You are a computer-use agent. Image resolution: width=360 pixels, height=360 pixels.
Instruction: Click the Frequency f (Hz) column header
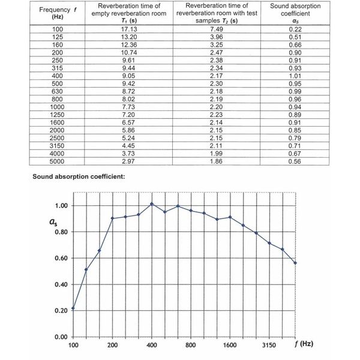pyautogui.click(x=58, y=13)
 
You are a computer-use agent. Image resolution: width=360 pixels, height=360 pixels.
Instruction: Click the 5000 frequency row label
pyautogui.click(x=58, y=161)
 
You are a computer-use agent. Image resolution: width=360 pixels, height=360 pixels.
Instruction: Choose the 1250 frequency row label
pyautogui.click(x=58, y=115)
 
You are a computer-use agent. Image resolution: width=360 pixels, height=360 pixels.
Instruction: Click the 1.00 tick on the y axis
pyautogui.click(x=61, y=206)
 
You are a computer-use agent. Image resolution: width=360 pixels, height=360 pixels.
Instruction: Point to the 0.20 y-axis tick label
pyautogui.click(x=61, y=311)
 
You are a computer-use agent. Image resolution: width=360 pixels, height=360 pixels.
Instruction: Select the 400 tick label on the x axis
pyautogui.click(x=151, y=346)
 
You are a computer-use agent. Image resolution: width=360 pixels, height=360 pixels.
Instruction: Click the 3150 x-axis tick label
pyautogui.click(x=269, y=346)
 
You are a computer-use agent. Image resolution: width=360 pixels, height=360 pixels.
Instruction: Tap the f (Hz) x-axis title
pyautogui.click(x=309, y=345)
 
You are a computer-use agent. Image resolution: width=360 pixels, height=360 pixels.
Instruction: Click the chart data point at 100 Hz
pyautogui.click(x=73, y=308)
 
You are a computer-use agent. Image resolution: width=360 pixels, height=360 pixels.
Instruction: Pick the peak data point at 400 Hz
pyautogui.click(x=152, y=204)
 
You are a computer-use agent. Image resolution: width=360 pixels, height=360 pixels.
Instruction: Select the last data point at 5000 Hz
pyautogui.click(x=295, y=263)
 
